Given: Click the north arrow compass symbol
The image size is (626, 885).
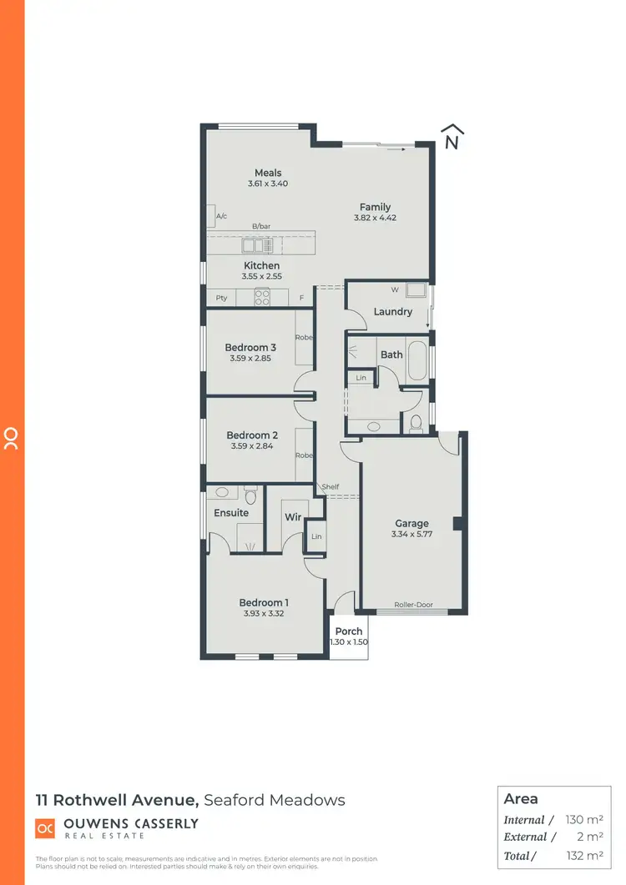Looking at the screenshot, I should pos(452,138).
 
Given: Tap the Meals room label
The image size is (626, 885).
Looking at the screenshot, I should pos(268,173).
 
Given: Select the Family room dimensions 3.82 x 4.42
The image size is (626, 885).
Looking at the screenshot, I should pos(375,218).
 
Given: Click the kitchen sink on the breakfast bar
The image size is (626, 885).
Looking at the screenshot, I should pos(254,245).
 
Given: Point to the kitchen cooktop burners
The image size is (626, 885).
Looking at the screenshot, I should pos(262,296).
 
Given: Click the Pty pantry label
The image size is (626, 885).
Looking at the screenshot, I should pos(222,298).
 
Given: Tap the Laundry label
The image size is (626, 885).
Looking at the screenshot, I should pos(393,312).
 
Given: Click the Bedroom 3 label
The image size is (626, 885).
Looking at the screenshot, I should pos(250,348).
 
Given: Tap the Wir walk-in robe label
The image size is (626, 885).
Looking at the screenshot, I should pos(292,517).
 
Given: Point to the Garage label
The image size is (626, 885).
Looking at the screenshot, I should pos(412,524).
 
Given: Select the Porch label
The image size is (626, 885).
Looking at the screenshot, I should pos(349,631).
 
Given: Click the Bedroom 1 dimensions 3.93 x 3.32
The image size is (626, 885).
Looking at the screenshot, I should pos(264,614).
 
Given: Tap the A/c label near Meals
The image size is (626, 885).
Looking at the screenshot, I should pos(222,217).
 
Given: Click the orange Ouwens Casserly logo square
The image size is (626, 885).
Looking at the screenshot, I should pos(45,828).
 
